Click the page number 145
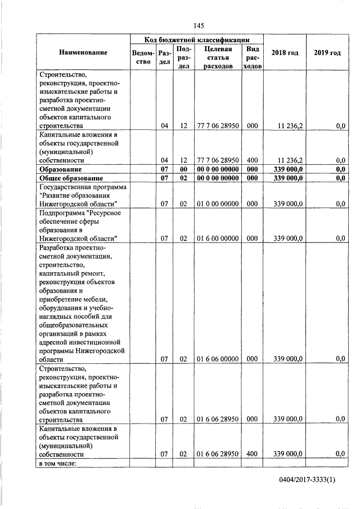pyautogui.click(x=197, y=25)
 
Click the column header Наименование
pyautogui.click(x=83, y=52)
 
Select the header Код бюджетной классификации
pyautogui.click(x=196, y=40)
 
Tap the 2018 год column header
pyautogui.click(x=285, y=52)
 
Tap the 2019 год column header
pyautogui.click(x=327, y=52)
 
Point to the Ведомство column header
pyautogui.click(x=143, y=57)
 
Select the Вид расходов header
pyautogui.click(x=253, y=57)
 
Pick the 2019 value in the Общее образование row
pyautogui.click(x=339, y=178)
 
